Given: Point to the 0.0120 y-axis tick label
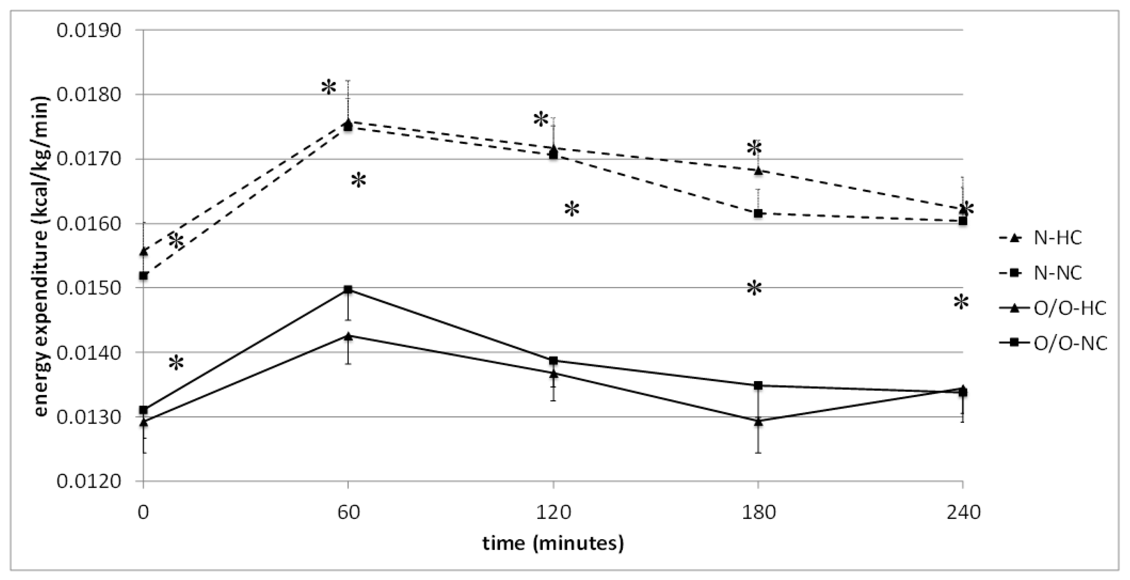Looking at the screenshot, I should (x=89, y=482).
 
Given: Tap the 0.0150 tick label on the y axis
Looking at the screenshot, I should (x=89, y=288).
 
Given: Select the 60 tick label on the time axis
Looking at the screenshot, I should (x=349, y=512).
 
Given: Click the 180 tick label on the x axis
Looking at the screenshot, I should (x=758, y=512).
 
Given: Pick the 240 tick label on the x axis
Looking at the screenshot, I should (x=963, y=512).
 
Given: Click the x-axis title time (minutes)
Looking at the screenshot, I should (x=553, y=543).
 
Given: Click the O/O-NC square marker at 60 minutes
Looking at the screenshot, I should (x=348, y=290).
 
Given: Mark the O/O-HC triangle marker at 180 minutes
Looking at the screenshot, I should (x=758, y=421).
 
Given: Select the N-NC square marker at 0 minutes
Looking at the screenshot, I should (x=143, y=276).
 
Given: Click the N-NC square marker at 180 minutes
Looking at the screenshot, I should (x=758, y=213).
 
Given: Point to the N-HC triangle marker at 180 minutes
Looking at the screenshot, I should (x=758, y=170).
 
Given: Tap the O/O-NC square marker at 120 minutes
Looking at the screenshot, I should (x=553, y=361).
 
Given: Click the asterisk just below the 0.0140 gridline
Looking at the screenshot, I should (x=176, y=363).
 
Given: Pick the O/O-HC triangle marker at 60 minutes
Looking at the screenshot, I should (x=348, y=336).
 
